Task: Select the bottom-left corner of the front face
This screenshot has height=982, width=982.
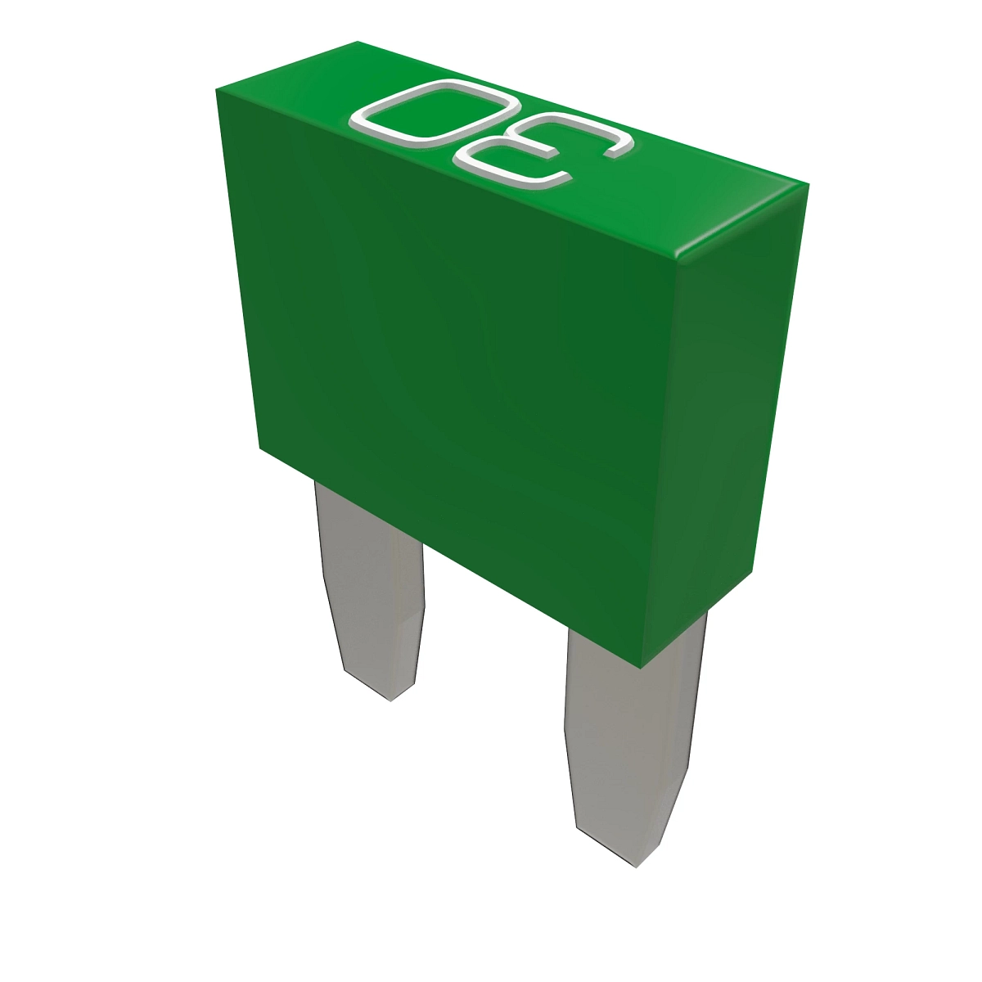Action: point(259,448)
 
